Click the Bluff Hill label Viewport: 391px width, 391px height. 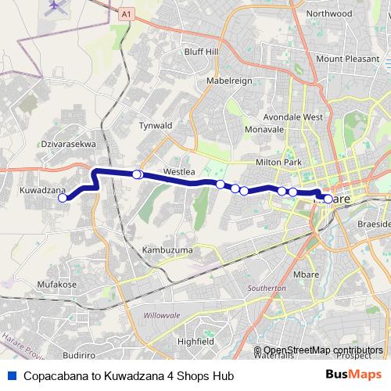(201, 52)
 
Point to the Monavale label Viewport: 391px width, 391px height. (264, 128)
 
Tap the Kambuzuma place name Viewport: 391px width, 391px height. (167, 249)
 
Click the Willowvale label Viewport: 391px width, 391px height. (163, 316)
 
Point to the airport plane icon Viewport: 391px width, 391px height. (54, 5)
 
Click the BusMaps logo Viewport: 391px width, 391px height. (353, 375)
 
